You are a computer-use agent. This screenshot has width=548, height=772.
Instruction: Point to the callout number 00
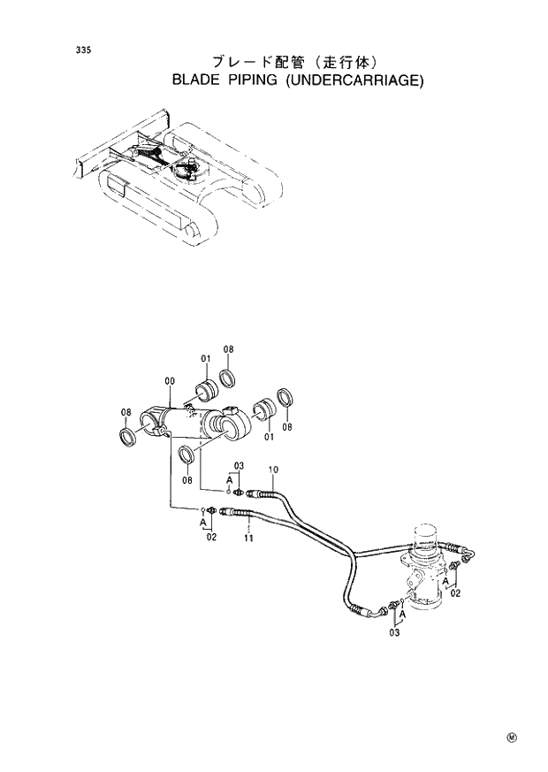point(169,381)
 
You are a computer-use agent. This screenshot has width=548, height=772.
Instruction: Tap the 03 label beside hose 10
point(239,465)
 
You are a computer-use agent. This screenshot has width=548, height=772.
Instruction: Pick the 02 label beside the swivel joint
point(455,595)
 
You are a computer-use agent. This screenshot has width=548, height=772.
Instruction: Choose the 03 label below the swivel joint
point(394,632)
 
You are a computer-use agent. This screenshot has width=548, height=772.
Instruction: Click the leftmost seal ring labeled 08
point(128,437)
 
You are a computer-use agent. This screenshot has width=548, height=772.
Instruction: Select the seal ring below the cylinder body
point(187,455)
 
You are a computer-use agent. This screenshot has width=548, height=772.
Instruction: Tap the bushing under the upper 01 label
point(207,389)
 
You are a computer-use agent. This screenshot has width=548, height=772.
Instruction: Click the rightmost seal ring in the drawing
point(285,399)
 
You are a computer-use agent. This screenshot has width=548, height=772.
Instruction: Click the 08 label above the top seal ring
point(227,350)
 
